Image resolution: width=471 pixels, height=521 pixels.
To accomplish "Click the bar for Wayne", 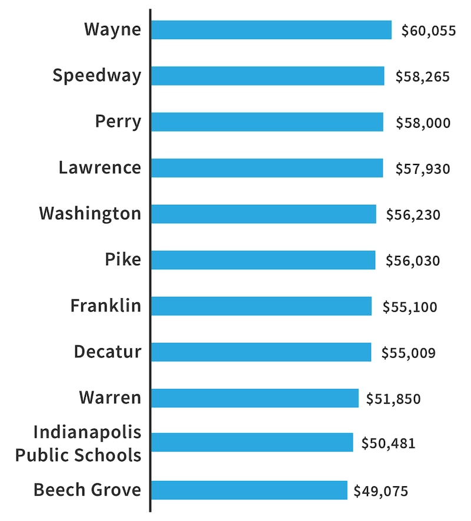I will (271, 30).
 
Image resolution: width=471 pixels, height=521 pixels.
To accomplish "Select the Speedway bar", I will (267, 76).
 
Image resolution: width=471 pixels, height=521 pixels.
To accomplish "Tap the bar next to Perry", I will (267, 122).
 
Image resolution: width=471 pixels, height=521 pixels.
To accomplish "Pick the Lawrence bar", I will (267, 168).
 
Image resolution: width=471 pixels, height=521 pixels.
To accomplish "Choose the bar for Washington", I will (263, 214).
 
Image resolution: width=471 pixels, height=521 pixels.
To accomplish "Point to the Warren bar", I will (254, 398).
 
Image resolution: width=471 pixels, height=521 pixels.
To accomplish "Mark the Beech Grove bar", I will (249, 490).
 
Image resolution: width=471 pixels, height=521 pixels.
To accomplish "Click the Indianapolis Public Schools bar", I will (251, 443).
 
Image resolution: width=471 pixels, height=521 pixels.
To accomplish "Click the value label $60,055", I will (428, 31).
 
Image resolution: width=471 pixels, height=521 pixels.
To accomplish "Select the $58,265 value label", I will (423, 77).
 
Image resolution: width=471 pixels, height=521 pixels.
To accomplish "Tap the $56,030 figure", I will (413, 260).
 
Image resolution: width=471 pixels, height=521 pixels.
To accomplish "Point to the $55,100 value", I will (410, 306).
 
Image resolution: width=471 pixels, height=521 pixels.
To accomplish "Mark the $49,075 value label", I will (380, 490).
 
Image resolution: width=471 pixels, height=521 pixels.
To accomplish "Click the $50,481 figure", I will (388, 443).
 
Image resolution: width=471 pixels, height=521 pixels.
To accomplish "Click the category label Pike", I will (123, 259).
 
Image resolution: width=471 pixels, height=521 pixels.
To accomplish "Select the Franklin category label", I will (106, 305).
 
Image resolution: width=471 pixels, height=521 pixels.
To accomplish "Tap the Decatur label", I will (108, 351).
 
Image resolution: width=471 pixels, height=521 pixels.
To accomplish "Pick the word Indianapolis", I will (88, 432).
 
